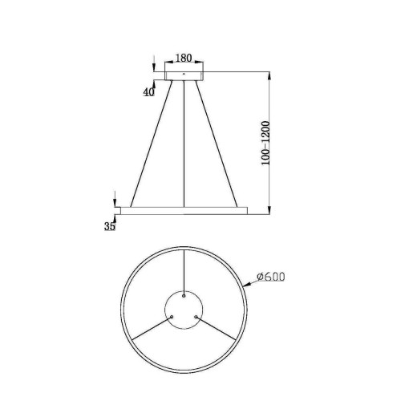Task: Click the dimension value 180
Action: click(x=183, y=59)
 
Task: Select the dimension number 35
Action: click(x=110, y=227)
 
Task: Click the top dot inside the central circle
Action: click(x=184, y=294)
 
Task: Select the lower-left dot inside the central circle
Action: click(x=172, y=316)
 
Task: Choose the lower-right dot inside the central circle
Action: click(x=196, y=316)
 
